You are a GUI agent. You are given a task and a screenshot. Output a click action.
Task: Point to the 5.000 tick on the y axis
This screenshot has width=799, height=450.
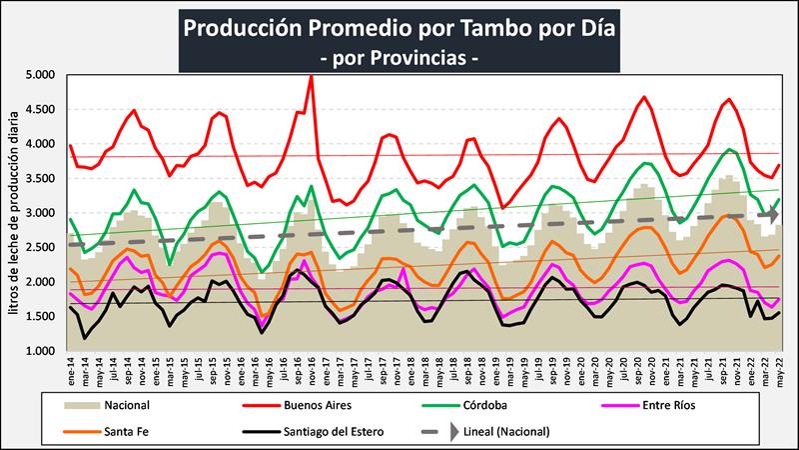point(38,75)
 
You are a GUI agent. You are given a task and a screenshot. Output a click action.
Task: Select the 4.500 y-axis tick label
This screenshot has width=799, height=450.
point(38,110)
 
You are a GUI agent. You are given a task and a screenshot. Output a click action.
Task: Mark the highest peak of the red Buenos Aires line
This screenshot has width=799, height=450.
point(311,76)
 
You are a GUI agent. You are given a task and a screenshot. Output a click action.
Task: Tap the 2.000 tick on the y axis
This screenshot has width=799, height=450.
point(38,283)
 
